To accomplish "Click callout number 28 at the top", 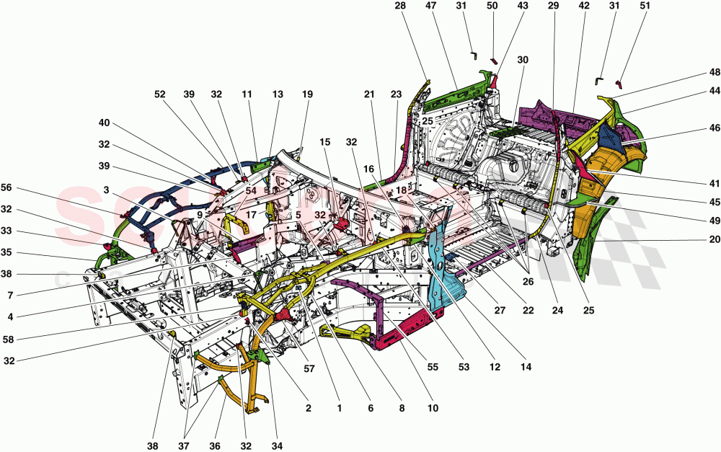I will click(400, 6).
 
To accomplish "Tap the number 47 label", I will click(431, 6).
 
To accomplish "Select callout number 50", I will click(492, 6).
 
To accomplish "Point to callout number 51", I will click(624, 6).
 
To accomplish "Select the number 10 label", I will click(432, 408).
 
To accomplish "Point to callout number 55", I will click(433, 368).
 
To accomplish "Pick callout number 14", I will click(526, 368).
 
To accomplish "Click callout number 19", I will click(308, 94).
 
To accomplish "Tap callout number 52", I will click(159, 94).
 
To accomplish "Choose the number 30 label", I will click(523, 61).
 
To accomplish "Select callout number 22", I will click(528, 311).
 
